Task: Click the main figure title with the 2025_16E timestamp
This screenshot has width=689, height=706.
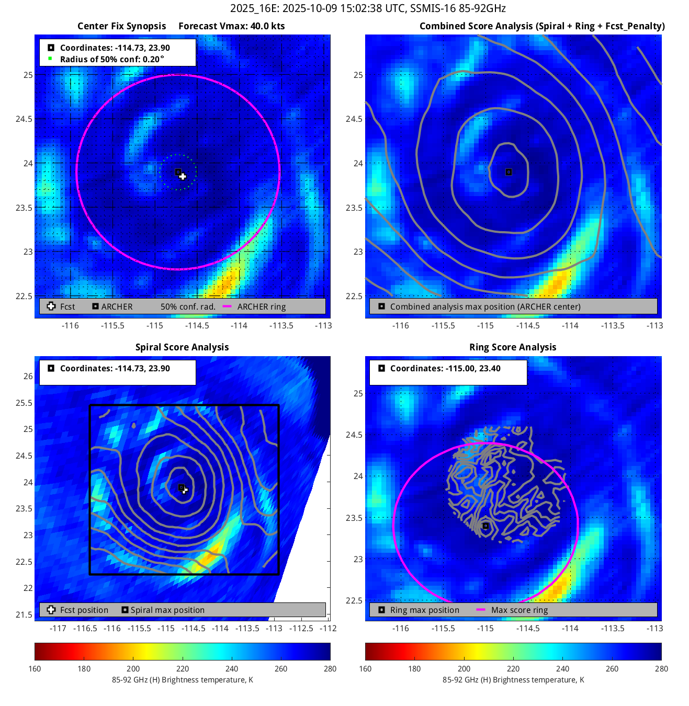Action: click(368, 8)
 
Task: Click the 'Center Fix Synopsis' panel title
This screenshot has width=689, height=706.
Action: click(121, 26)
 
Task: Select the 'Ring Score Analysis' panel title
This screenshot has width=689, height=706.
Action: click(513, 347)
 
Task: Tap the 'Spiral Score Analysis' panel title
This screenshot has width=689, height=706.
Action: click(182, 347)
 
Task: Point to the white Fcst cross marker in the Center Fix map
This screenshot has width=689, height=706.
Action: click(183, 176)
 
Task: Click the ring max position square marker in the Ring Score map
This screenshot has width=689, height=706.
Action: click(485, 526)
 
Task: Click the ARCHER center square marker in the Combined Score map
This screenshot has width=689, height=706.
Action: click(509, 172)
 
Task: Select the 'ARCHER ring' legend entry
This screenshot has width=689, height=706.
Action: click(261, 307)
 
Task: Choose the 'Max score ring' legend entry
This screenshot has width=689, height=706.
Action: click(519, 610)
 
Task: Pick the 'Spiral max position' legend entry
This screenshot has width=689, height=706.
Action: click(167, 610)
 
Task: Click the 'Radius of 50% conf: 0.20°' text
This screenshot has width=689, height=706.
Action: click(112, 59)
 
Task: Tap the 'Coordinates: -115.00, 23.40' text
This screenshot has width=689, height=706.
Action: click(445, 369)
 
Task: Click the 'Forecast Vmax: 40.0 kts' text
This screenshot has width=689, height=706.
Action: click(232, 26)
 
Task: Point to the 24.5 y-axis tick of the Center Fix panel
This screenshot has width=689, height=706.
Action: click(24, 119)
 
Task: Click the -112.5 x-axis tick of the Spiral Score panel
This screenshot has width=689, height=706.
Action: click(302, 629)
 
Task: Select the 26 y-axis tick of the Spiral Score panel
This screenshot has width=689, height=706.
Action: click(28, 377)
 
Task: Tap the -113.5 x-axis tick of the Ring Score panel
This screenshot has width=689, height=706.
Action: click(612, 629)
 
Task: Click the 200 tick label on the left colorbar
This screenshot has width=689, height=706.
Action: click(133, 669)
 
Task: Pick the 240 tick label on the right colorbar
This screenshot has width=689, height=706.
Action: click(562, 669)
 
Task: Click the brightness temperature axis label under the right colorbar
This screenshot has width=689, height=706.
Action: click(513, 680)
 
